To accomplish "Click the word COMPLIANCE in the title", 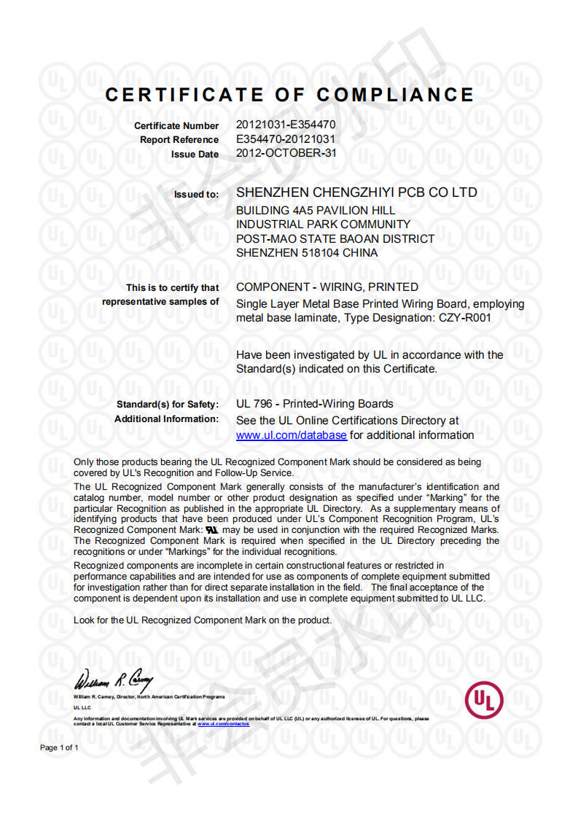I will (395, 95).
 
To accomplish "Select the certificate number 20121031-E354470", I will (286, 125).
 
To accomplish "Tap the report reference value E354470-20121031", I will (286, 139).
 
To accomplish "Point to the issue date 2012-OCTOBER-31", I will (286, 153).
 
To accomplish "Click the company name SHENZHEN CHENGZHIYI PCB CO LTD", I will (357, 193).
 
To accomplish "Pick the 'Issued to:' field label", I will (196, 195).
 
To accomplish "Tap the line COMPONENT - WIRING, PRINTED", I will (327, 287).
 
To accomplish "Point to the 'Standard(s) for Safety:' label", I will (168, 405).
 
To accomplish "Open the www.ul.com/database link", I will (292, 435).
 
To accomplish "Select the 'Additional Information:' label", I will (166, 419).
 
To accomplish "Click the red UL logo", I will (484, 699).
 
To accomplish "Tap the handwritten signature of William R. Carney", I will (114, 682).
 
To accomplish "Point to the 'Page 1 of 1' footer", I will (59, 748).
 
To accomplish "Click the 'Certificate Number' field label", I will (176, 126).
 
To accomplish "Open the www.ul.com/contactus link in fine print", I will (224, 724).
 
